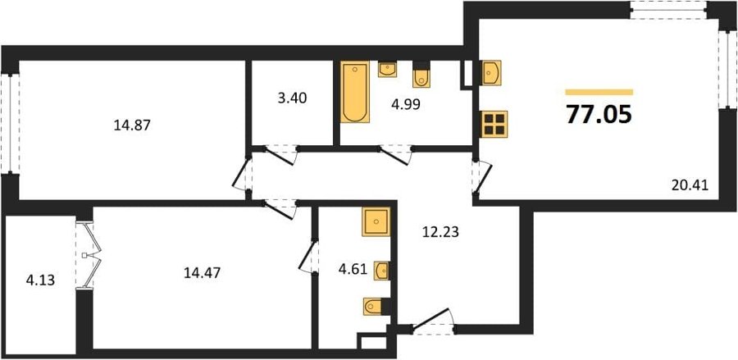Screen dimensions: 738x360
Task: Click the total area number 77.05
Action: click(599, 115)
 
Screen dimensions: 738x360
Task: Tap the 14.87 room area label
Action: click(132, 125)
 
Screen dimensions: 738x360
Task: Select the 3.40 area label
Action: click(292, 98)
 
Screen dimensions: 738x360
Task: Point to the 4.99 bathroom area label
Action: click(406, 104)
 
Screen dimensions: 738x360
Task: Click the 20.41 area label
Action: click(690, 185)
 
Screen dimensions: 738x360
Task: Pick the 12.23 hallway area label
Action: click(440, 232)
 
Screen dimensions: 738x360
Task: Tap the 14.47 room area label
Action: click(203, 272)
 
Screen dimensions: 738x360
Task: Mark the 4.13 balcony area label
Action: click(40, 281)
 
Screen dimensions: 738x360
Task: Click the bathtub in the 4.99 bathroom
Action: click(354, 92)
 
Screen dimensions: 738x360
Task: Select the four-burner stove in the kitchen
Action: click(494, 124)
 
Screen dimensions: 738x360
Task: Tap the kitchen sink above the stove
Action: click(490, 73)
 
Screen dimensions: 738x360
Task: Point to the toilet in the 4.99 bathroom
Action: click(421, 75)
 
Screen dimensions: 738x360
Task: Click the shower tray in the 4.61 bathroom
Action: click(376, 221)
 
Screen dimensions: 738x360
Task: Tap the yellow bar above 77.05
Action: click(599, 92)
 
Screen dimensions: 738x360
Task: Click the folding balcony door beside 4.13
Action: click(89, 254)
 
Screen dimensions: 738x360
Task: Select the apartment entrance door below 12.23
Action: click(433, 322)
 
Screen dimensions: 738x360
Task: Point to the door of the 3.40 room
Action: click(280, 155)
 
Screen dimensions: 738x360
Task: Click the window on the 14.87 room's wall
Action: click(10, 123)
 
